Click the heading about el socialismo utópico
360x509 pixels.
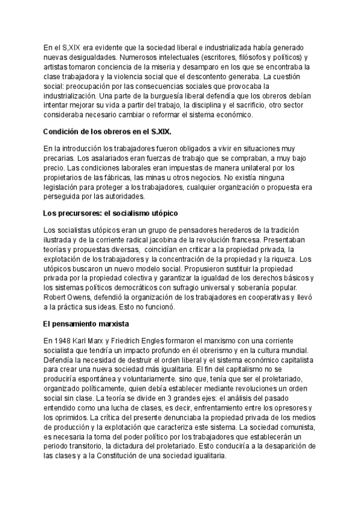(x=110, y=212)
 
